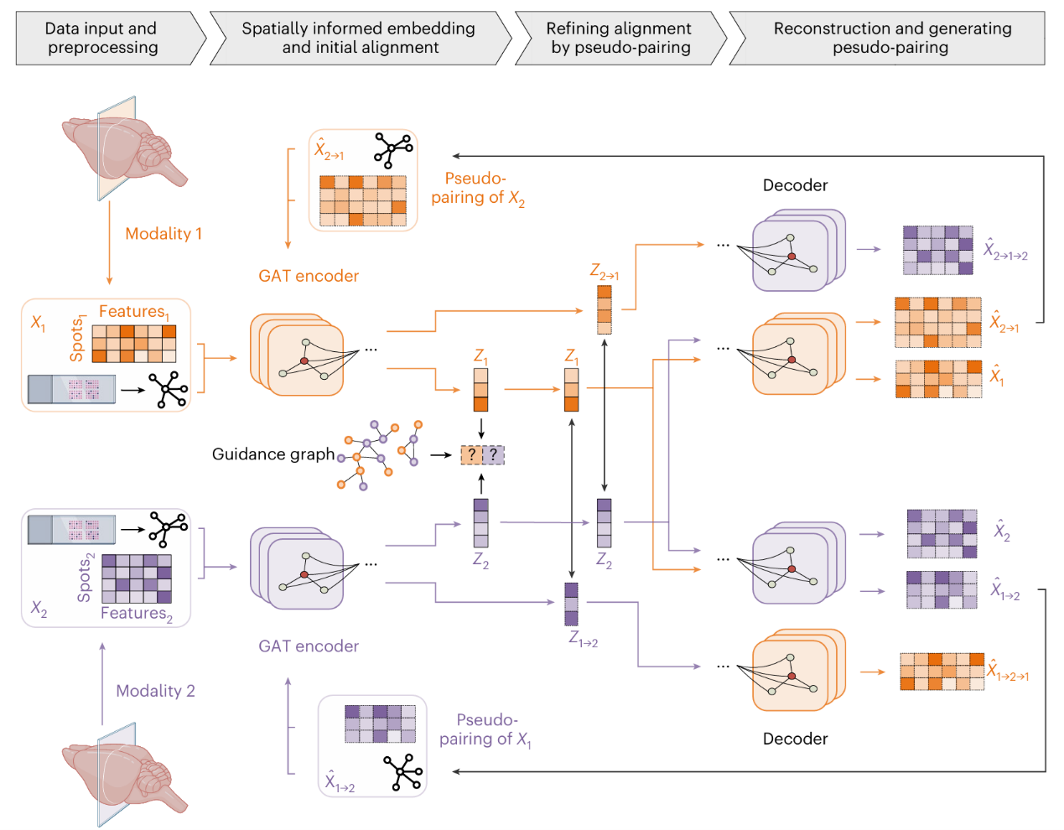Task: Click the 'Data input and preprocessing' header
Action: pos(101,38)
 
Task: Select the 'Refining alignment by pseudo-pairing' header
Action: pos(620,38)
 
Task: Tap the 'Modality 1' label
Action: pos(163,234)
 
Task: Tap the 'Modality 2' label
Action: pos(155,691)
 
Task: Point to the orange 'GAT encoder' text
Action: pos(309,276)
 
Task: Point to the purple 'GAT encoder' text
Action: pos(309,646)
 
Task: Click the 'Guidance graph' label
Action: pos(273,454)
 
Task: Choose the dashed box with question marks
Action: pos(482,454)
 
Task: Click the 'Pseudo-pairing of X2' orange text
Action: pos(477,189)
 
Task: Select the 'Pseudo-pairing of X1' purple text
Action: pos(485,730)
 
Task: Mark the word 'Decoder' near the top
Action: pos(795,185)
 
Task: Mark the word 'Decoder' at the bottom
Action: pos(795,739)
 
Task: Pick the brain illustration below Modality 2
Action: pos(123,776)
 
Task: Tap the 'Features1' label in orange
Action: pos(134,312)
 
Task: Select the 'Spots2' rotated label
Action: pos(86,578)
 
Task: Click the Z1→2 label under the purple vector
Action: pos(583,640)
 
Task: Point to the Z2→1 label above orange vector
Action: pos(604,272)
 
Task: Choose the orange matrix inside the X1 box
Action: pos(133,344)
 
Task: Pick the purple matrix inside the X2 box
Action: pos(137,578)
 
